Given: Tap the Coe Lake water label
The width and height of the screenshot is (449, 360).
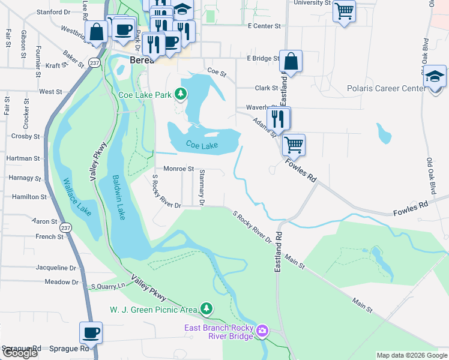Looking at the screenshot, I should [x=200, y=145].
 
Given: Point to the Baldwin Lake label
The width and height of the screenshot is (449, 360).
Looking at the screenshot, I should [x=118, y=197].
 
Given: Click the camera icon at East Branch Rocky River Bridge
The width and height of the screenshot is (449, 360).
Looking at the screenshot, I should [x=262, y=331].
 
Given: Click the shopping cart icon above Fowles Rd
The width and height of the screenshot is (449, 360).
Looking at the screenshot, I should [x=294, y=144].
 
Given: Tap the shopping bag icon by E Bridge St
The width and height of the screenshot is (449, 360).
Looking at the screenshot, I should [x=291, y=61].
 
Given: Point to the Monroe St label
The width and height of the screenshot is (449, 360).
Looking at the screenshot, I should [x=178, y=169].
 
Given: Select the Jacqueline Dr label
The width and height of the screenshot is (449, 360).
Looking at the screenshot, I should [x=56, y=268].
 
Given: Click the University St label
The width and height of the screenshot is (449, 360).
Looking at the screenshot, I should [x=312, y=3].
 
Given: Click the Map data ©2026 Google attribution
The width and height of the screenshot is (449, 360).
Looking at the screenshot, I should [x=411, y=355].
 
